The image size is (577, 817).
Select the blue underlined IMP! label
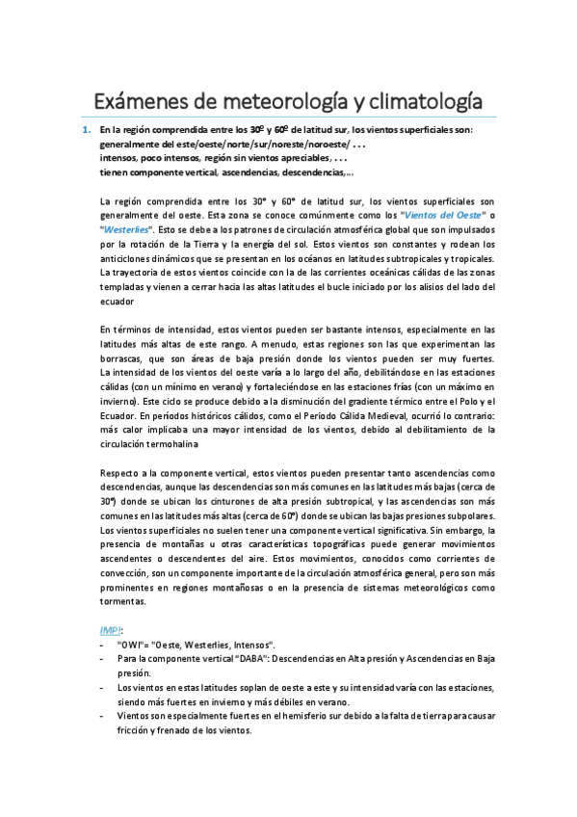pos(111,628)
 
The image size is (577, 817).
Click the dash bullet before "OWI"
pos(101,643)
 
